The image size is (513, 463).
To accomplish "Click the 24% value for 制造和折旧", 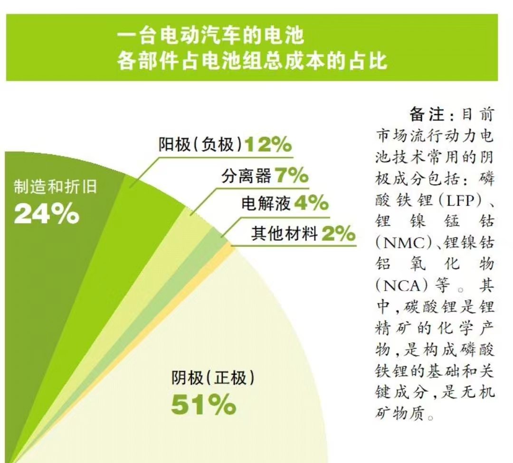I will [x=47, y=214].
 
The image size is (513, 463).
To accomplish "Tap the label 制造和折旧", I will [x=55, y=187].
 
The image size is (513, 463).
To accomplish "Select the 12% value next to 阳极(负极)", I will [x=268, y=144].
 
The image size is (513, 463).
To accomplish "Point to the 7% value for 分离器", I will [x=291, y=176].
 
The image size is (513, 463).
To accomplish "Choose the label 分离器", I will [x=246, y=177].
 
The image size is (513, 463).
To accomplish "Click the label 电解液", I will [x=266, y=204].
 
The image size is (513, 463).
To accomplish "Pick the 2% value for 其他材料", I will [x=338, y=234].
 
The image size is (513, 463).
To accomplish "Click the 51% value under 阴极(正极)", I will [x=203, y=405].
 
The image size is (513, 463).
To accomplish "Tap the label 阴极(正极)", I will [x=213, y=378].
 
